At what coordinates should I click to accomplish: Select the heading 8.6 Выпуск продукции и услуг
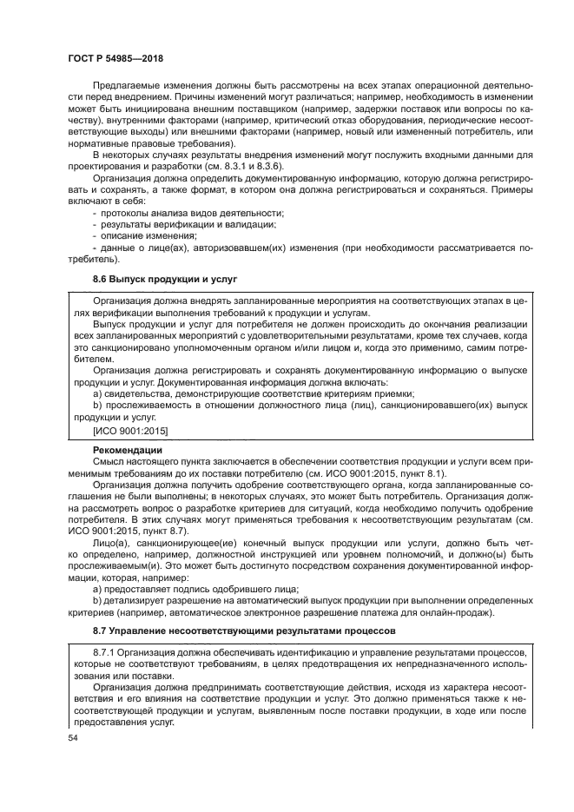click(164, 279)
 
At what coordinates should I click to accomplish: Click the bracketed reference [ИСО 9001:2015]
click(130, 431)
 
